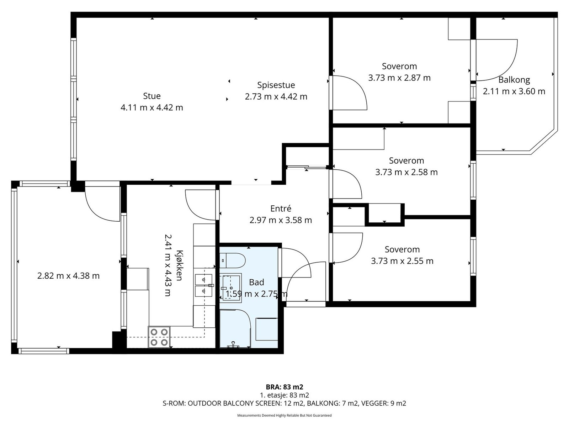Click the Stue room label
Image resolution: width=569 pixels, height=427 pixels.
click(x=152, y=96)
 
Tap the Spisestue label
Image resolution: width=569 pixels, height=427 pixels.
click(x=276, y=85)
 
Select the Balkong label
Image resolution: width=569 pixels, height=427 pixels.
click(x=514, y=80)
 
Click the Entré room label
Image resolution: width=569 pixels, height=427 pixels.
click(x=281, y=209)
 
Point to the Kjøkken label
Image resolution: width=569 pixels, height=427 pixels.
click(x=179, y=265)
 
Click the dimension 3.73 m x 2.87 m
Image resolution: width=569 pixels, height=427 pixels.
click(x=399, y=78)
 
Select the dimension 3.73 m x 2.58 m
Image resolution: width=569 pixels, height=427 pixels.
click(x=406, y=172)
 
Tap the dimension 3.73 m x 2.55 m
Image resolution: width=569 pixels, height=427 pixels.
click(x=402, y=261)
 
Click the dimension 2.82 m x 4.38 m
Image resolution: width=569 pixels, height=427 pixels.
click(x=68, y=275)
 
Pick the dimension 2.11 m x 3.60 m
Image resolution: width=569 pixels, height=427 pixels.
click(x=514, y=91)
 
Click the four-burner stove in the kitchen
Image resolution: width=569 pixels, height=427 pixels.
click(x=159, y=337)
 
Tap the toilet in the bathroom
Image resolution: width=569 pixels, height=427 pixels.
click(x=233, y=261)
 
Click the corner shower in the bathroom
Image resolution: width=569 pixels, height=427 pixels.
click(x=235, y=328)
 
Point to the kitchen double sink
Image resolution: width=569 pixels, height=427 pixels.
click(x=204, y=285)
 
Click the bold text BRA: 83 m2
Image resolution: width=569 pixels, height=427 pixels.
click(x=284, y=387)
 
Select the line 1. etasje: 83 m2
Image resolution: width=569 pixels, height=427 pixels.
click(x=284, y=395)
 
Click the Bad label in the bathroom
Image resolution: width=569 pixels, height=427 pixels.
click(x=256, y=282)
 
